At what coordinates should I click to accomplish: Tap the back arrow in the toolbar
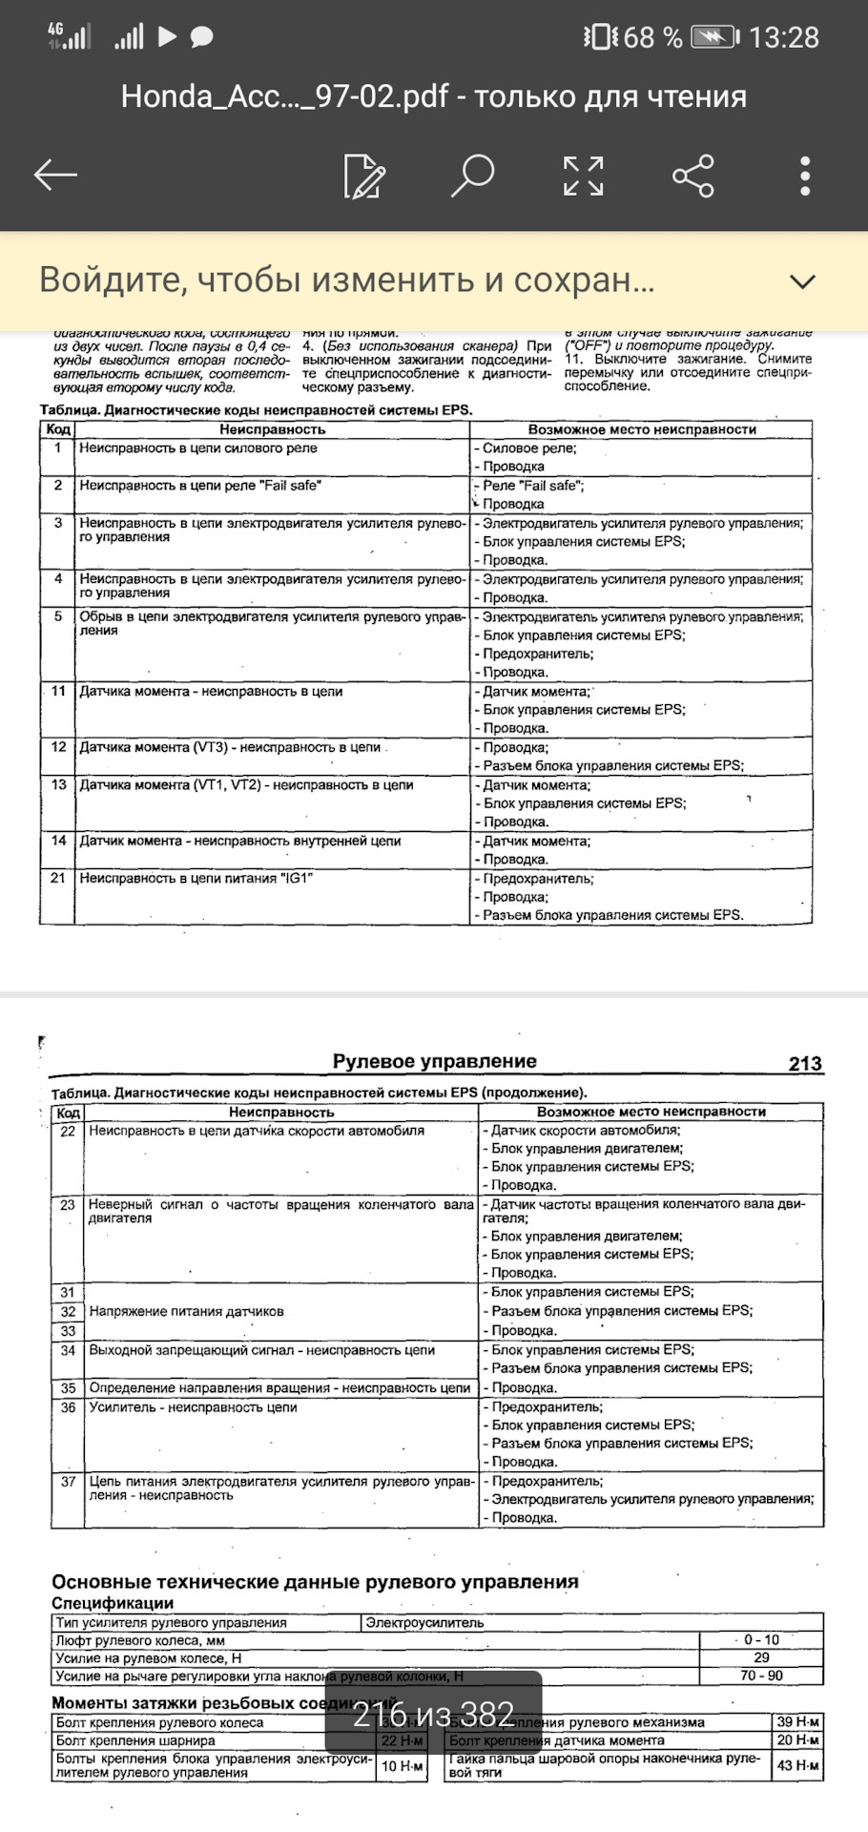(x=55, y=175)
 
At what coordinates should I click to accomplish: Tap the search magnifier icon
(x=472, y=175)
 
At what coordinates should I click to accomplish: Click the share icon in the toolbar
(x=693, y=176)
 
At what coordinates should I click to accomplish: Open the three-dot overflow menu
(x=805, y=176)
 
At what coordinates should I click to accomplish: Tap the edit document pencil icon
(x=363, y=176)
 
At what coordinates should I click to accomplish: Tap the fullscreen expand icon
(x=583, y=176)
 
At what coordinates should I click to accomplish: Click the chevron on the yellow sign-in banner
(x=803, y=281)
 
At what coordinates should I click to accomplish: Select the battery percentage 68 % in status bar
(x=652, y=38)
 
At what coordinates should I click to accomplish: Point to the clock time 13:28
(x=783, y=38)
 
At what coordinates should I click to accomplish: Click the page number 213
(x=805, y=1063)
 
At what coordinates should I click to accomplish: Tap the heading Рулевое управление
(x=434, y=1061)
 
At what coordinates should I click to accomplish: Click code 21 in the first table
(x=58, y=878)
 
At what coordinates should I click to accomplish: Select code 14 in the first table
(x=58, y=841)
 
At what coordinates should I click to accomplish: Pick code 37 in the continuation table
(x=68, y=1482)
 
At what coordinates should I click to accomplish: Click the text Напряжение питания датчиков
(x=186, y=1311)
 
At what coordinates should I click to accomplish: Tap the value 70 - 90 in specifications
(x=761, y=1676)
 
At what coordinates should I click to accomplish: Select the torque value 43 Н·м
(x=797, y=1765)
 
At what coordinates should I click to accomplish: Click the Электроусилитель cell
(x=424, y=1622)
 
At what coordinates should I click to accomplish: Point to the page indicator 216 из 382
(x=433, y=1715)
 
